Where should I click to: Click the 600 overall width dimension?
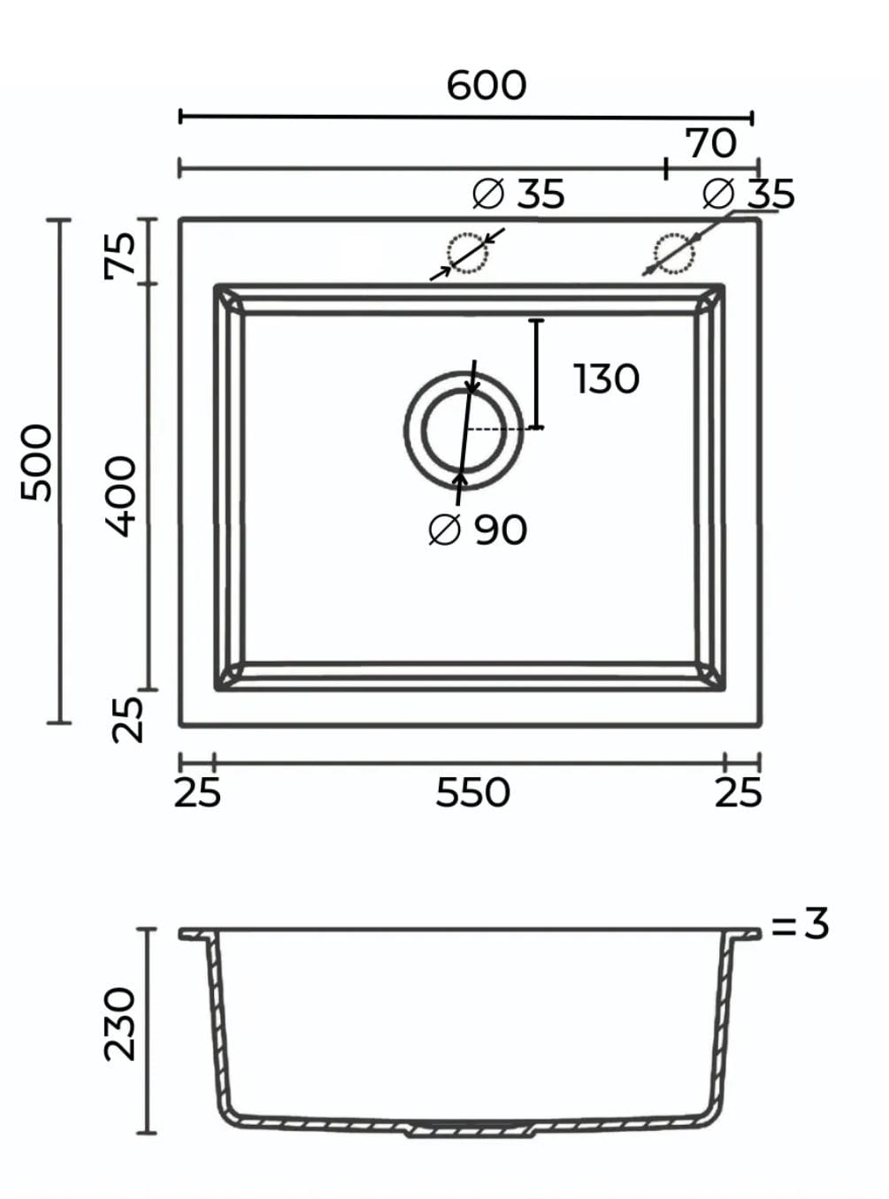487,86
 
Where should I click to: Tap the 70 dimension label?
710,143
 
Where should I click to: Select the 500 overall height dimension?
36,462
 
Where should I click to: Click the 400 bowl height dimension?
120,496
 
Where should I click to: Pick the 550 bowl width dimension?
472,792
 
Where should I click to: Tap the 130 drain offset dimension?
606,378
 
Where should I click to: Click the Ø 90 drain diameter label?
478,530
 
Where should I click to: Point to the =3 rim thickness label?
800,924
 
